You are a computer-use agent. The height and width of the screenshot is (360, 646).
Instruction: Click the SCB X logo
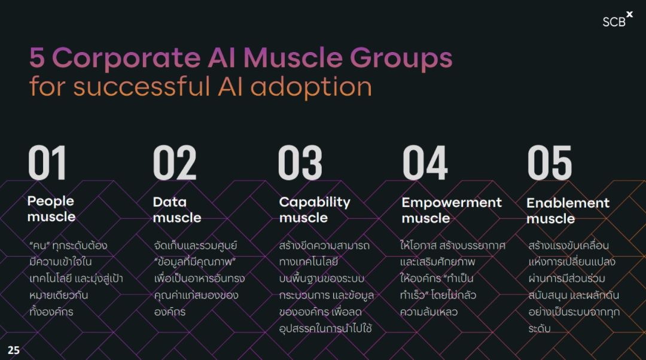pyautogui.click(x=617, y=20)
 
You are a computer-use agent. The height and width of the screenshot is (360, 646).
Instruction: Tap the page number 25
pyautogui.click(x=14, y=350)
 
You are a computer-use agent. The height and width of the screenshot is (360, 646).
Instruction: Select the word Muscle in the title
pyautogui.click(x=293, y=57)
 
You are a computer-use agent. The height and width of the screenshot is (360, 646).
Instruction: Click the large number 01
pyautogui.click(x=47, y=163)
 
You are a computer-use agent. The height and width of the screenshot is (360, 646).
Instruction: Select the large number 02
pyautogui.click(x=175, y=163)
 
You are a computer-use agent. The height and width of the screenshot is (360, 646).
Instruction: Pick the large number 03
pyautogui.click(x=300, y=163)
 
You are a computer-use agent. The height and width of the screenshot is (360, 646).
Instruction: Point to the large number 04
pyautogui.click(x=425, y=163)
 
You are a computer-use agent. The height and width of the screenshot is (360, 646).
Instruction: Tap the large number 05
pyautogui.click(x=550, y=163)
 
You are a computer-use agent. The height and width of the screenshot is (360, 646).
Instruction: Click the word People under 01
pyautogui.click(x=51, y=202)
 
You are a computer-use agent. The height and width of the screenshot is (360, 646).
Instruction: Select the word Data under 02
pyautogui.click(x=170, y=202)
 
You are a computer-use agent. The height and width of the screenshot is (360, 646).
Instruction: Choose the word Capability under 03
pyautogui.click(x=315, y=202)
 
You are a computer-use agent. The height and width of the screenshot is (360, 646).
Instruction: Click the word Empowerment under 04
pyautogui.click(x=452, y=203)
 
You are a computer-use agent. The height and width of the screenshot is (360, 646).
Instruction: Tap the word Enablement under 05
pyautogui.click(x=568, y=203)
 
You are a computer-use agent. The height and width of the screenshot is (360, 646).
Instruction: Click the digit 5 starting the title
pyautogui.click(x=37, y=57)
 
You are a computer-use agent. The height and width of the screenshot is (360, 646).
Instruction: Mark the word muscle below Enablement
pyautogui.click(x=550, y=219)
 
